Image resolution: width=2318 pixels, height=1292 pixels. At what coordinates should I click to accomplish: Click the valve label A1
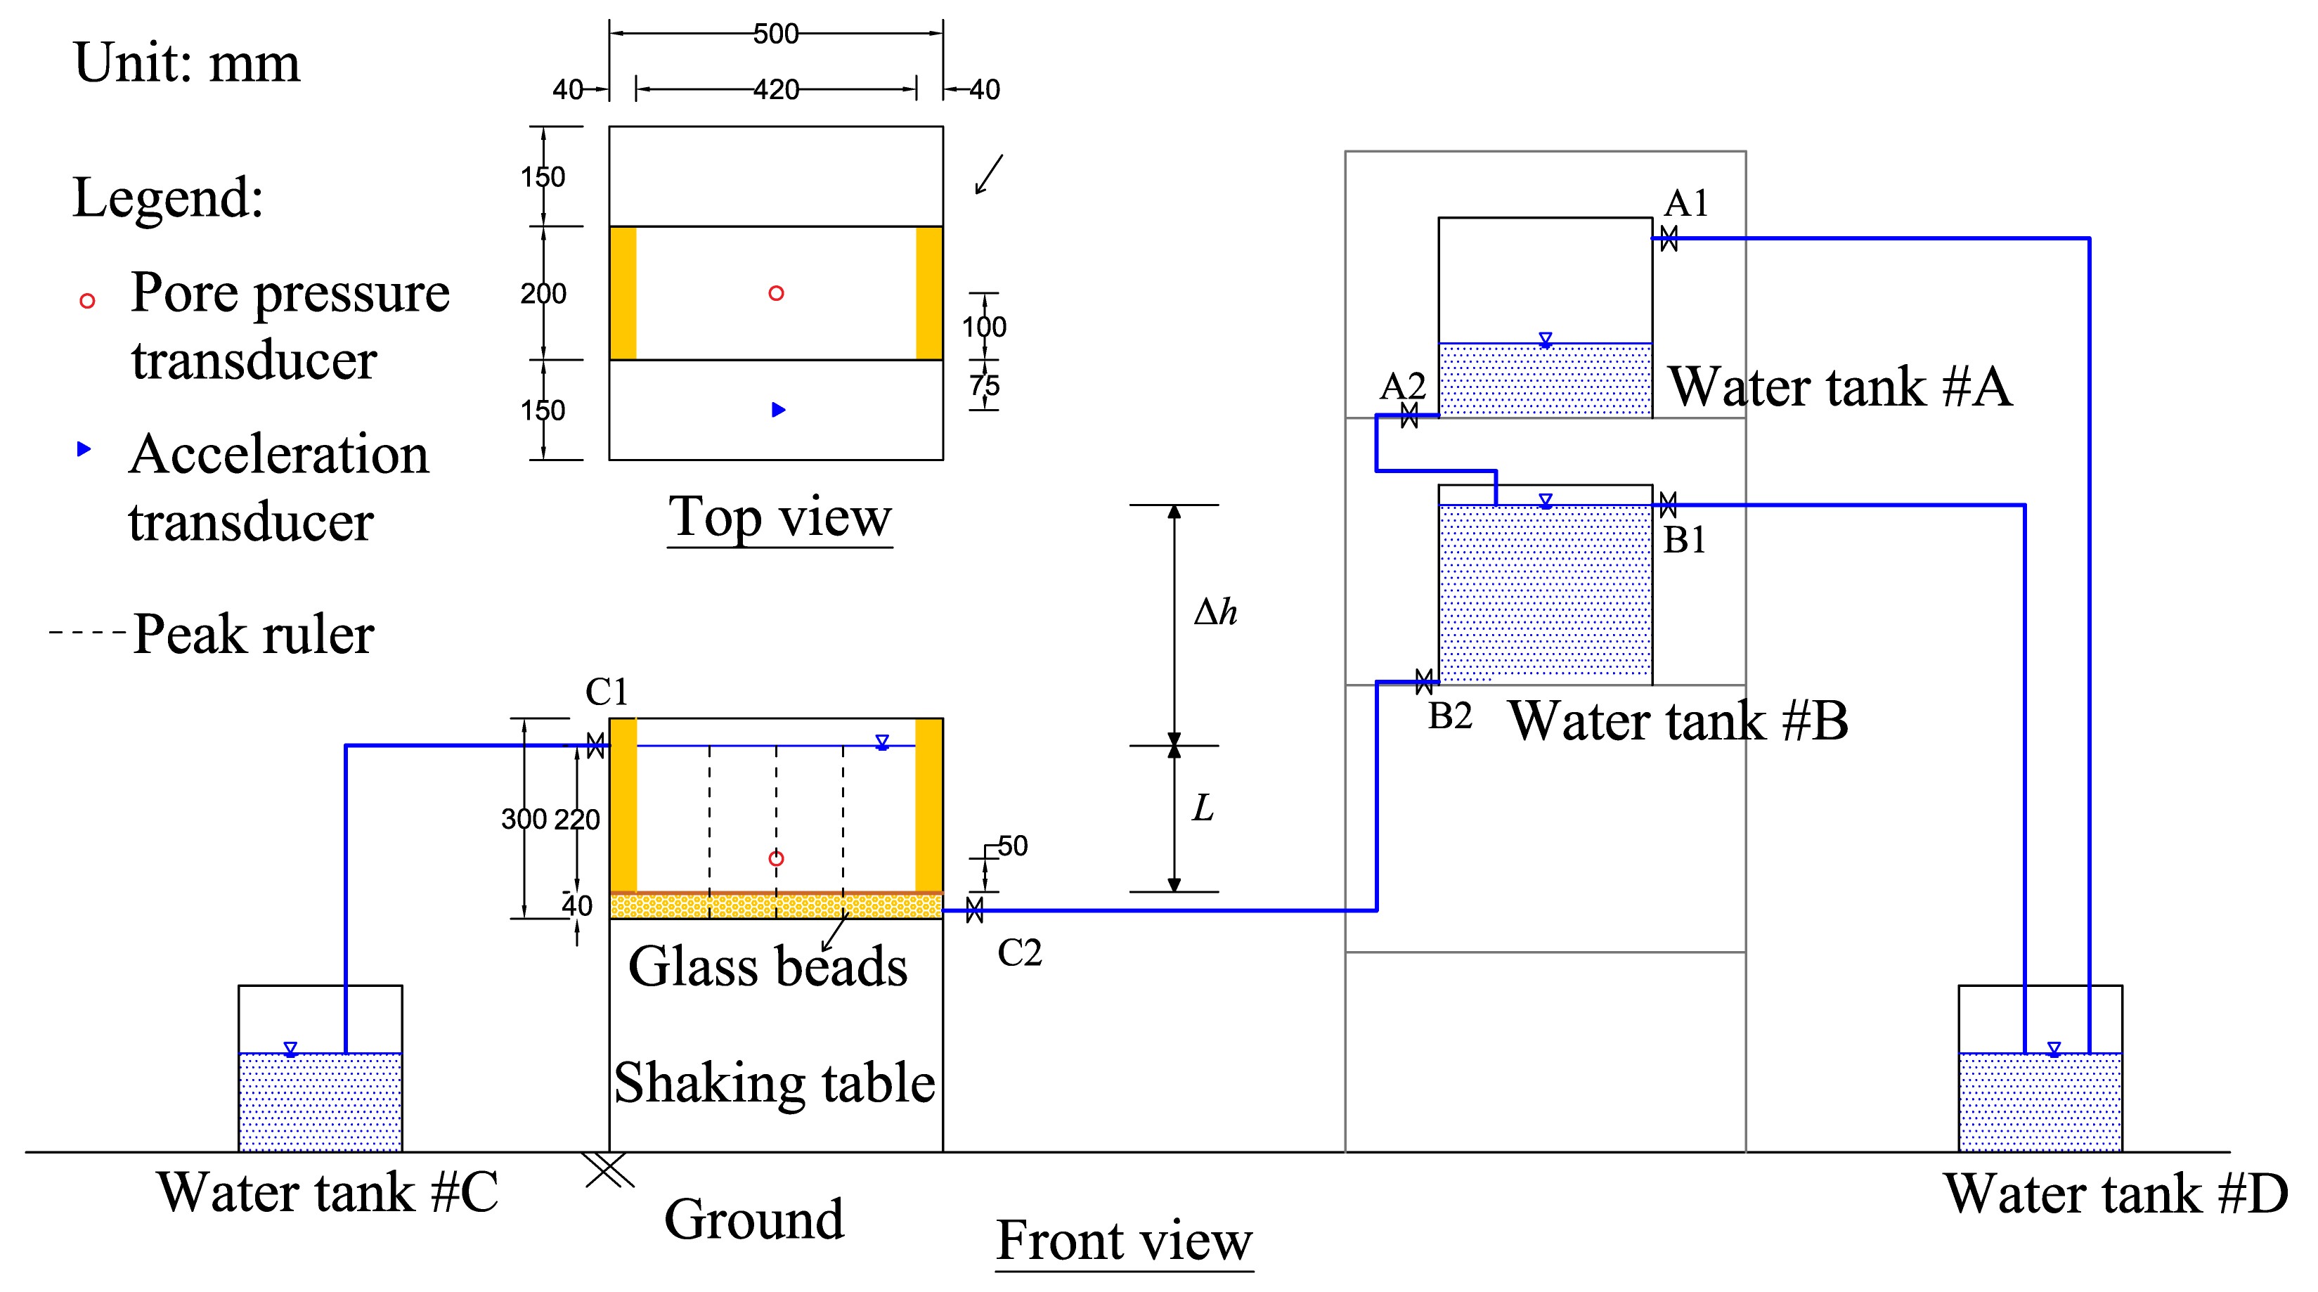pyautogui.click(x=1685, y=203)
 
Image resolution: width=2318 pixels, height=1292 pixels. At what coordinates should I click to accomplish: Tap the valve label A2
pyautogui.click(x=1403, y=386)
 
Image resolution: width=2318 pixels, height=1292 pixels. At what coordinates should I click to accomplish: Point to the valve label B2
pyautogui.click(x=1450, y=716)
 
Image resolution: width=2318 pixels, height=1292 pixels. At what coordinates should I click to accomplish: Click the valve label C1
pyautogui.click(x=607, y=692)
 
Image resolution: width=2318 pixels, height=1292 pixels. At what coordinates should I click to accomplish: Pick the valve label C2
pyautogui.click(x=1020, y=952)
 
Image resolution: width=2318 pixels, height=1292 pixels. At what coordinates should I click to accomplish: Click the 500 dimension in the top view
pyautogui.click(x=776, y=34)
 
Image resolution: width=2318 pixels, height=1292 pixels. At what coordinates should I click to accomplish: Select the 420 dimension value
pyautogui.click(x=776, y=90)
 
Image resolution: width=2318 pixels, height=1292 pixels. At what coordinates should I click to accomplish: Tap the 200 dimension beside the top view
pyautogui.click(x=543, y=293)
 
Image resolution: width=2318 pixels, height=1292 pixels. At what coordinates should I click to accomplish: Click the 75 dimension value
pyautogui.click(x=985, y=386)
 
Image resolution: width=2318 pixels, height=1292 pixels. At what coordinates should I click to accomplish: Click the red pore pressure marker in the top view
pyautogui.click(x=777, y=293)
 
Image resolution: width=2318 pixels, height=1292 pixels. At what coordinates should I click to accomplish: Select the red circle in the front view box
pyautogui.click(x=777, y=859)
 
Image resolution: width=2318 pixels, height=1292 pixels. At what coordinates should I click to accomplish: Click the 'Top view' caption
pyautogui.click(x=779, y=517)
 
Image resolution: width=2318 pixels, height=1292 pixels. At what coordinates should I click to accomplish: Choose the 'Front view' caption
pyautogui.click(x=1124, y=1241)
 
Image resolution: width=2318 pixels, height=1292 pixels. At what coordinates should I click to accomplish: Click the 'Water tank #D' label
pyautogui.click(x=2116, y=1194)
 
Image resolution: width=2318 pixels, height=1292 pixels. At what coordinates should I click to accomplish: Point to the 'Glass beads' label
pyautogui.click(x=768, y=967)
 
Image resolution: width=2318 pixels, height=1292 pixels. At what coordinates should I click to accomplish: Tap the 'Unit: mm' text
pyautogui.click(x=186, y=63)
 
